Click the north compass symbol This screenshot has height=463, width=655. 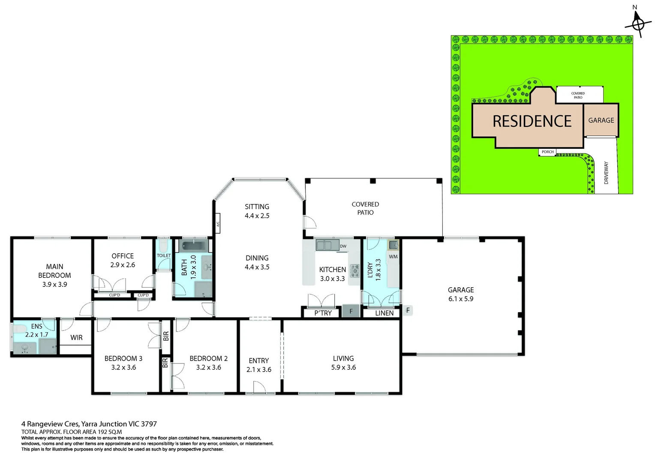pos(638,24)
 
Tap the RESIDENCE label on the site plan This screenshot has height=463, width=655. pos(532,121)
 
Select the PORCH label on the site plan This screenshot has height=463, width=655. pos(548,152)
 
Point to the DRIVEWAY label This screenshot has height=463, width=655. pos(606,173)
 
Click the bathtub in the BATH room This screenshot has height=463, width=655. pos(194,245)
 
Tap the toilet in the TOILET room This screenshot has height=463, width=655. pos(163,246)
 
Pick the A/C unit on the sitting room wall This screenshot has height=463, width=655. pos(218,223)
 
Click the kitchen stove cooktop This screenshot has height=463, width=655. pos(355,271)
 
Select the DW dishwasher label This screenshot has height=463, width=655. pos(343,246)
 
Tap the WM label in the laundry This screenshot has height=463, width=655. pos(393,256)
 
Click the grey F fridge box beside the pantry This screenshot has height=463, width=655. pos(351,311)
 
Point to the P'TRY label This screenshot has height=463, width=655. pos(323,313)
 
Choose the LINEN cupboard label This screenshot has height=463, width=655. pos(384,313)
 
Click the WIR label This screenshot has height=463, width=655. pos(76,337)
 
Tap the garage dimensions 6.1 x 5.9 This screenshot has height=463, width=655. pos(461,299)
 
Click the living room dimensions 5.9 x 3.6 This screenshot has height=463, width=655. pos(343,367)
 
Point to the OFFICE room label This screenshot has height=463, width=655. pos(123,256)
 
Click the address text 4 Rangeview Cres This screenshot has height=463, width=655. pos(50,424)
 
